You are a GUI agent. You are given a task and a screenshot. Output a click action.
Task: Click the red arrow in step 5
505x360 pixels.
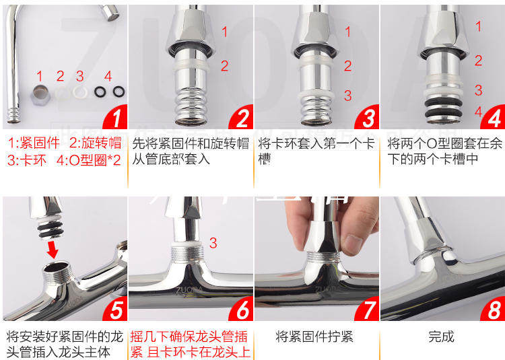tap(52, 250)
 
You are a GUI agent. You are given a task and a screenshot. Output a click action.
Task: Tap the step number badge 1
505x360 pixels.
tap(116, 117)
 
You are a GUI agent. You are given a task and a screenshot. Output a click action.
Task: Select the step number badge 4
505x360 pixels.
tap(494, 117)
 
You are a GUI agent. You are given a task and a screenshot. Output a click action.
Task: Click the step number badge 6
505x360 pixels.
tap(242, 309)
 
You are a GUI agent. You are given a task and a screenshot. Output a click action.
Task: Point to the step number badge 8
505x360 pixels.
tap(494, 309)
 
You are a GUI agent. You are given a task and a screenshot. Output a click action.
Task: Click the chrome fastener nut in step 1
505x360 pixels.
tap(40, 93)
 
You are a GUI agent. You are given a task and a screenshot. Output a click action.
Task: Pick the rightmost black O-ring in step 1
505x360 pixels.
tap(119, 92)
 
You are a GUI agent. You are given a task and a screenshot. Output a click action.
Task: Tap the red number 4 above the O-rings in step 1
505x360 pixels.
tap(108, 76)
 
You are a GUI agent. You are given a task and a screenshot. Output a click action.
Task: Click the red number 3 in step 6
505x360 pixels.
tap(213, 243)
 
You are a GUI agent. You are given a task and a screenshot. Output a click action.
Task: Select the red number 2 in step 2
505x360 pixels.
tap(224, 66)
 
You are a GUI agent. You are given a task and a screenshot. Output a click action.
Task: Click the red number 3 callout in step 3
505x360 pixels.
tap(348, 96)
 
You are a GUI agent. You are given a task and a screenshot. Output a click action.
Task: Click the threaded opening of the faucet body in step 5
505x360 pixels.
tap(57, 268)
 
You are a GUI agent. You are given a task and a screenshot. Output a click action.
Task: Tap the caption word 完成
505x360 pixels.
tap(441, 337)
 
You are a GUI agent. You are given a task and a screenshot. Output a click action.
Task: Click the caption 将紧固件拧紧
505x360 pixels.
tap(314, 337)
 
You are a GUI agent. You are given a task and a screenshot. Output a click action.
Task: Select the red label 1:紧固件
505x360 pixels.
tap(34, 143)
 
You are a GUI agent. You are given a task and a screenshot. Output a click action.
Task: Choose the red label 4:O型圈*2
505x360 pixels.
tap(89, 160)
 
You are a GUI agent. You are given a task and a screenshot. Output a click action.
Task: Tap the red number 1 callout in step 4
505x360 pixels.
tap(479, 26)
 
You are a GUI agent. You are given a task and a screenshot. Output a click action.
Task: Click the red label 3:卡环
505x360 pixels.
tap(27, 160)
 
